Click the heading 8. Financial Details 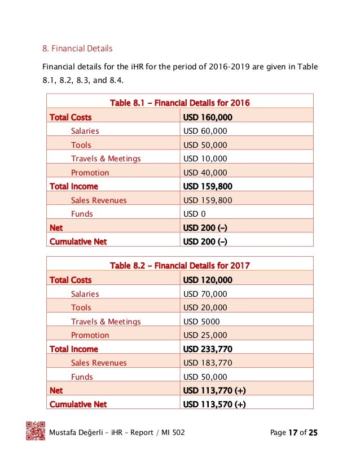tap(78, 49)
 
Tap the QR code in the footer tap(36, 431)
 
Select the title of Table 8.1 tap(179, 103)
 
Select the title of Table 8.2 tap(179, 266)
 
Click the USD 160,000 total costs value tap(208, 117)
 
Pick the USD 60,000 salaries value tap(205, 131)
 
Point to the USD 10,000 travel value tap(205, 159)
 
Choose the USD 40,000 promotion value tap(205, 173)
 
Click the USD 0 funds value tap(195, 214)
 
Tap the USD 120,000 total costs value tap(208, 280)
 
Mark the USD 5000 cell tap(201, 322)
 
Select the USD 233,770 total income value tap(208, 349)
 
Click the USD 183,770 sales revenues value tap(208, 363)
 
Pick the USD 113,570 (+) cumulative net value tap(214, 404)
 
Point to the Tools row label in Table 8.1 tap(81, 145)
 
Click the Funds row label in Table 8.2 tap(82, 377)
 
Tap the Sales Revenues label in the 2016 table tap(99, 200)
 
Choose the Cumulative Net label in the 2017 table tap(78, 404)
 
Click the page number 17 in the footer tap(292, 433)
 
